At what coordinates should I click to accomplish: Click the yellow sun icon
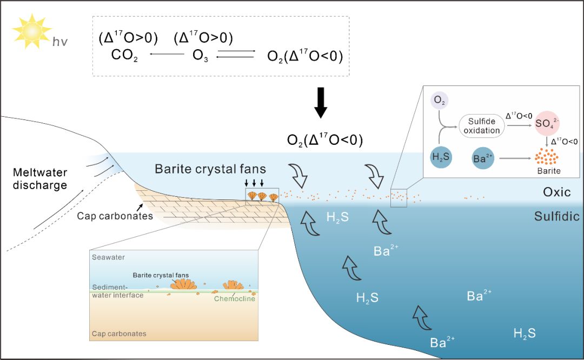click(x=32, y=31)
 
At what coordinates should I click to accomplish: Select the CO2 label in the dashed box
click(x=124, y=55)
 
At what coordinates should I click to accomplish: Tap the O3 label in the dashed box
click(x=200, y=55)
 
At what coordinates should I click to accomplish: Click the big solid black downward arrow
click(x=321, y=103)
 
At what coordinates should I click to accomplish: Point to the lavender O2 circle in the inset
click(x=440, y=100)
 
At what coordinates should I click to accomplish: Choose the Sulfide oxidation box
click(x=482, y=126)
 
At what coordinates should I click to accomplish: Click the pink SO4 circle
click(x=547, y=123)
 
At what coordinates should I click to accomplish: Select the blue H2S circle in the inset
click(x=441, y=157)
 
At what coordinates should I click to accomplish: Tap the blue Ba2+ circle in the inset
click(x=483, y=158)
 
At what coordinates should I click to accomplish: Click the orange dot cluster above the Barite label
click(x=546, y=156)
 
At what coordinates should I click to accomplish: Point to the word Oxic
click(x=556, y=192)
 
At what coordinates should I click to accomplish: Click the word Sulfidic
click(x=557, y=216)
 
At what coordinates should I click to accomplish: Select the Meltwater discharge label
click(x=40, y=179)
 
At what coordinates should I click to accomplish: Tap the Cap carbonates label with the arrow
click(x=115, y=216)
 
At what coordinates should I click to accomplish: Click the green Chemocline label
click(x=235, y=298)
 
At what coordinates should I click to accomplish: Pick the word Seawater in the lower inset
click(x=108, y=257)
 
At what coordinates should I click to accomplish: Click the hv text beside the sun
click(x=60, y=42)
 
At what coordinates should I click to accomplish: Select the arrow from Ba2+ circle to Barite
click(x=515, y=158)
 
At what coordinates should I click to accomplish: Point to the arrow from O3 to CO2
click(x=167, y=54)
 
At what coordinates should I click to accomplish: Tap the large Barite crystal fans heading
click(x=210, y=169)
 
